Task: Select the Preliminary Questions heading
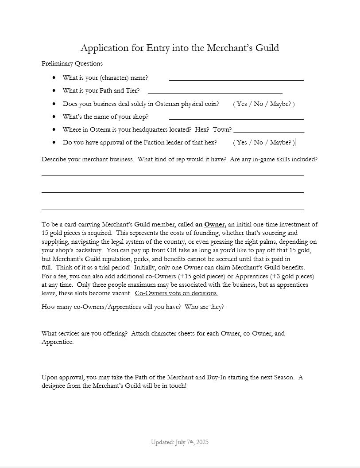72,63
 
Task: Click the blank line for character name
236,80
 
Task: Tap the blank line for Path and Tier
215,93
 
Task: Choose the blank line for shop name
236,118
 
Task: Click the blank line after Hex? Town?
268,132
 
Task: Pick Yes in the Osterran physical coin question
242,104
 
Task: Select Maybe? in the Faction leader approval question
280,142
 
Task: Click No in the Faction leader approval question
258,142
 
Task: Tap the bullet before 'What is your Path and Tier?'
54,91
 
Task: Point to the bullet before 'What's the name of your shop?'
54,117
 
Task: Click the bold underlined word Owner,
215,224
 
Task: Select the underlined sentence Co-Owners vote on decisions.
176,293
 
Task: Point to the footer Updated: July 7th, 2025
179,442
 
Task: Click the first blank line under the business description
172,175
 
